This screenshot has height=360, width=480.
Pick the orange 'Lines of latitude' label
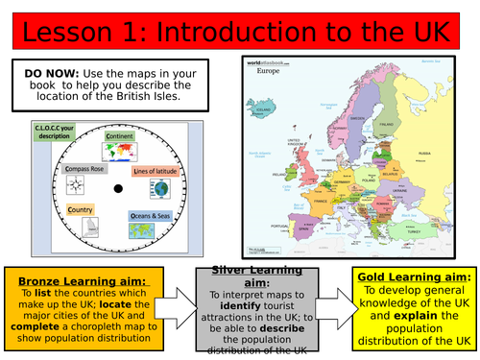point(157,171)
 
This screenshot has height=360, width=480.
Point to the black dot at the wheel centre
point(117,189)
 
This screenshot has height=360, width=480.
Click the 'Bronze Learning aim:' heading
point(69,276)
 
